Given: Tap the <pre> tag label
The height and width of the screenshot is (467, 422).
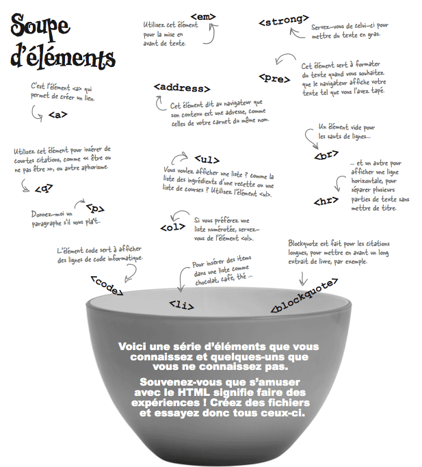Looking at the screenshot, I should click(x=275, y=78).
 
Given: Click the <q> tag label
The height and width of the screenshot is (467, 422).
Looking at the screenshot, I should click(x=44, y=186).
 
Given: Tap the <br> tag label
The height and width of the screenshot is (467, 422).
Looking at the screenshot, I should click(x=325, y=155).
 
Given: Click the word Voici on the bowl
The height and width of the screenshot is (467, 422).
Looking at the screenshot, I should click(x=132, y=347).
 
